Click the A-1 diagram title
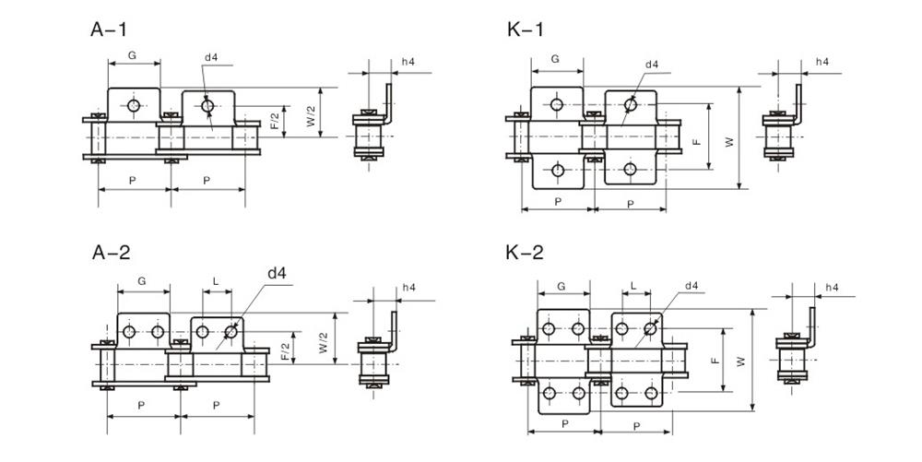click(x=108, y=30)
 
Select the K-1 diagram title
click(x=526, y=30)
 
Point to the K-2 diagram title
click(x=526, y=253)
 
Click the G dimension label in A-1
click(x=132, y=56)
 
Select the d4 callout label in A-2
click(x=277, y=273)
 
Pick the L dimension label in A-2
click(x=215, y=279)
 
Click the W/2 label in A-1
click(x=311, y=114)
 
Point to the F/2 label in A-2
click(x=286, y=350)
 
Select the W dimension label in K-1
click(x=730, y=141)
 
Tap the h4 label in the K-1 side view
click(x=822, y=63)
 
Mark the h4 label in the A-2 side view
click(x=408, y=288)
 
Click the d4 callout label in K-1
click(x=652, y=64)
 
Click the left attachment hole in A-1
click(x=135, y=107)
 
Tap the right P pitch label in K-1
click(x=630, y=203)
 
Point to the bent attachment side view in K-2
click(x=795, y=351)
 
